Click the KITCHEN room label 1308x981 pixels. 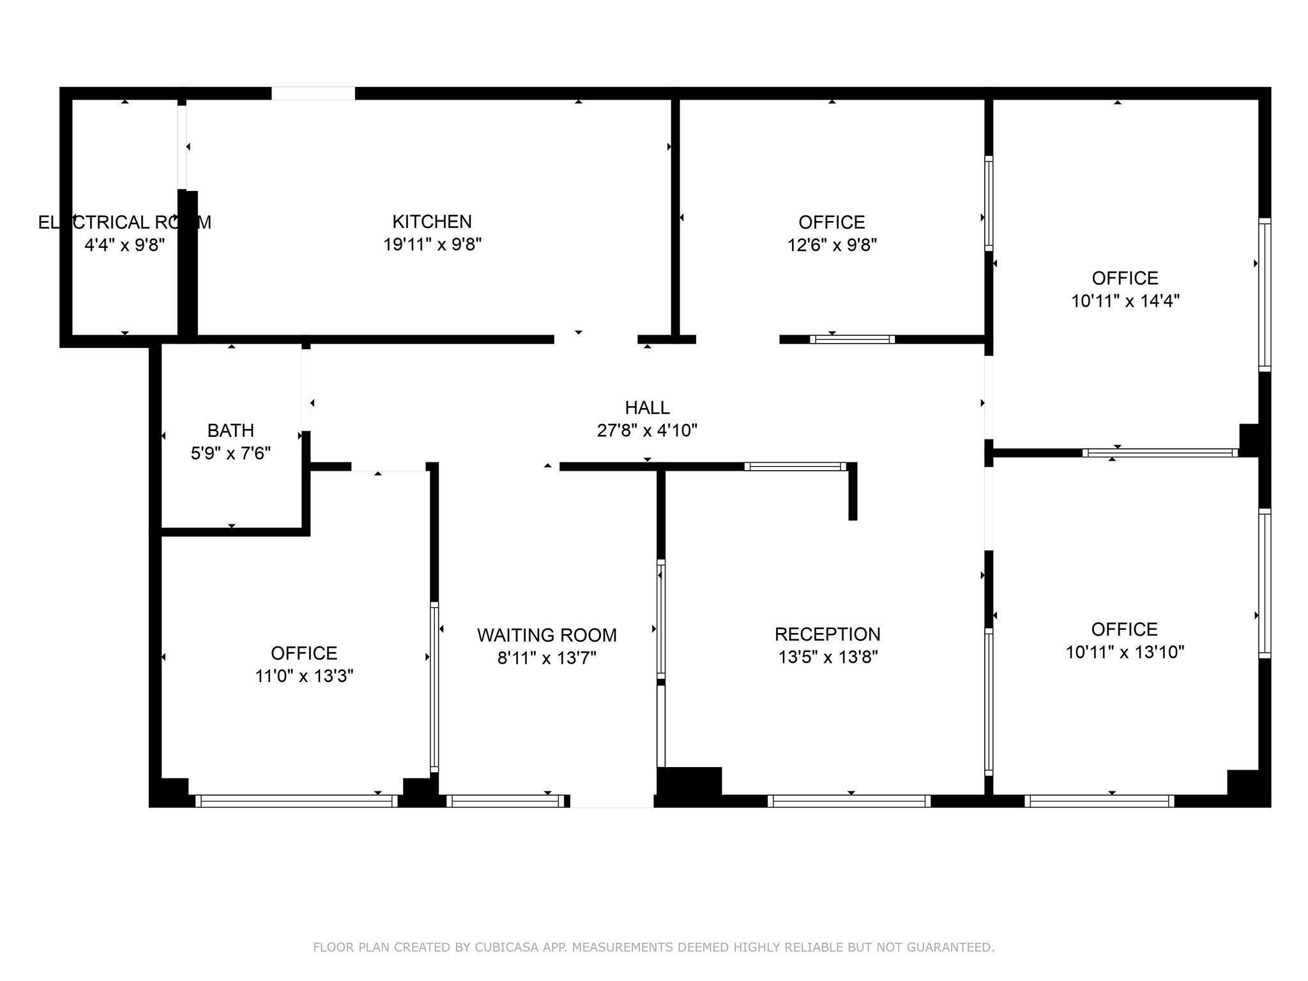432,222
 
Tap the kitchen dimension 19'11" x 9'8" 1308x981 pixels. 432,245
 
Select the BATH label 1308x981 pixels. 231,430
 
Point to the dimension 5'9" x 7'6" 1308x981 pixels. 231,453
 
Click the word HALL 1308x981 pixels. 647,407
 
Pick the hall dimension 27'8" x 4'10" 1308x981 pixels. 647,430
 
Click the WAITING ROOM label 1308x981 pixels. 547,635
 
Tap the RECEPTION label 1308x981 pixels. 828,634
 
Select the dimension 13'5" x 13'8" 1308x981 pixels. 828,657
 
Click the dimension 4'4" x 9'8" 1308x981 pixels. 125,245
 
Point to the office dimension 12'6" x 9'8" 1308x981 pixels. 832,245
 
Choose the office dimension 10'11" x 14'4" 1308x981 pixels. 1125,301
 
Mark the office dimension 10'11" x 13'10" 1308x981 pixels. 1125,652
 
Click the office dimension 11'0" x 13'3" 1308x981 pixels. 304,676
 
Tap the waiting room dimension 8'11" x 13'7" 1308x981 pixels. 547,658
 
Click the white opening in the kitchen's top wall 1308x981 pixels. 313,93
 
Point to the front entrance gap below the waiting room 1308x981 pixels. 612,801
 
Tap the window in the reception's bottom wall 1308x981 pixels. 849,801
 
